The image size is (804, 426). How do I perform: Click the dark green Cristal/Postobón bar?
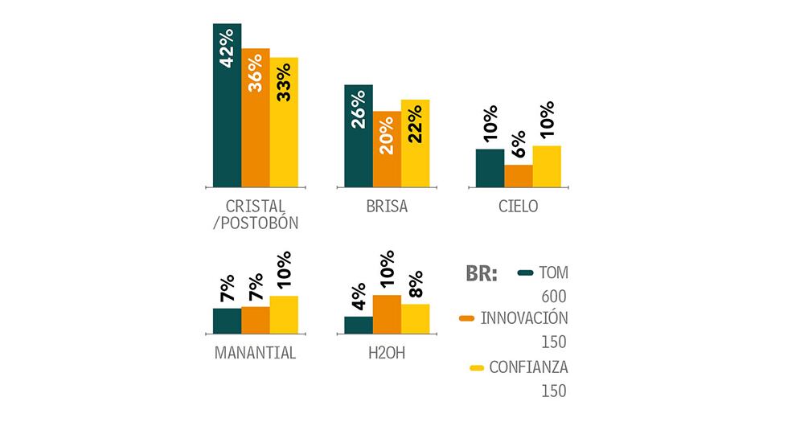pos(227,104)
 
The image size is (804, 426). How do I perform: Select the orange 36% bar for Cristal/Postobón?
pos(256,117)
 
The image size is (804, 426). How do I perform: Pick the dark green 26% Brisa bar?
pos(358,136)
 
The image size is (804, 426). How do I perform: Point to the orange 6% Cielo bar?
pos(519,176)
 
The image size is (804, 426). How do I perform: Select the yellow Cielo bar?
pos(547,166)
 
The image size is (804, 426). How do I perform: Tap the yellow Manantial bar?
pos(284,314)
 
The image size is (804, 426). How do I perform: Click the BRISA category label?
pos(386,207)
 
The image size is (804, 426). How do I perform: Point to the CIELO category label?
pos(518,207)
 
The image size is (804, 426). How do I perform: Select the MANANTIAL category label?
pos(256,352)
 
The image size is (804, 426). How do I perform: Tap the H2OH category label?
pos(386,352)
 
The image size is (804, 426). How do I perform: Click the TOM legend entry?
pos(544,272)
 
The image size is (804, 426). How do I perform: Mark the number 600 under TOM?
pos(554,297)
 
